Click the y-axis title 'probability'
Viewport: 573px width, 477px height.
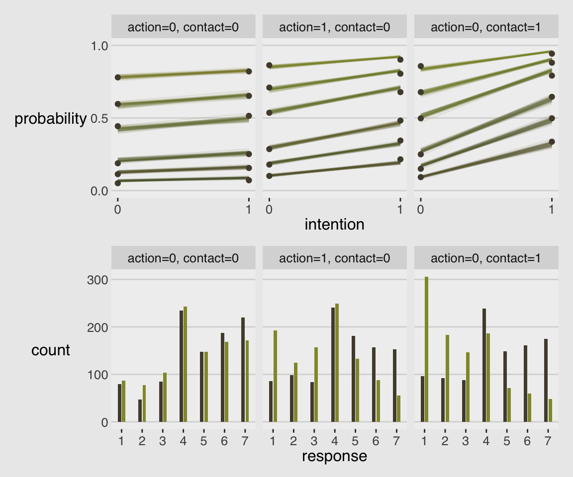50,119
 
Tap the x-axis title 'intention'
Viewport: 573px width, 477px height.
334,225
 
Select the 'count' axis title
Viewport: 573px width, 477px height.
50,350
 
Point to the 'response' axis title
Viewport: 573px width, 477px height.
334,456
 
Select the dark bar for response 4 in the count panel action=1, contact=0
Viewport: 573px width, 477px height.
333,365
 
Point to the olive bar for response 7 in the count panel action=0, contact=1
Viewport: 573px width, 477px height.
550,410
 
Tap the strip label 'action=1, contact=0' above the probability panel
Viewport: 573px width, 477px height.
334,27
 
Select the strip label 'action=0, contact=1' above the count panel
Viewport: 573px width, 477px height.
486,258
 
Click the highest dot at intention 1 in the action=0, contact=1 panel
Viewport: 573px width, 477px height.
551,53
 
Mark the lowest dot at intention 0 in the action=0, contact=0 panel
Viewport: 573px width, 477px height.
118,183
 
